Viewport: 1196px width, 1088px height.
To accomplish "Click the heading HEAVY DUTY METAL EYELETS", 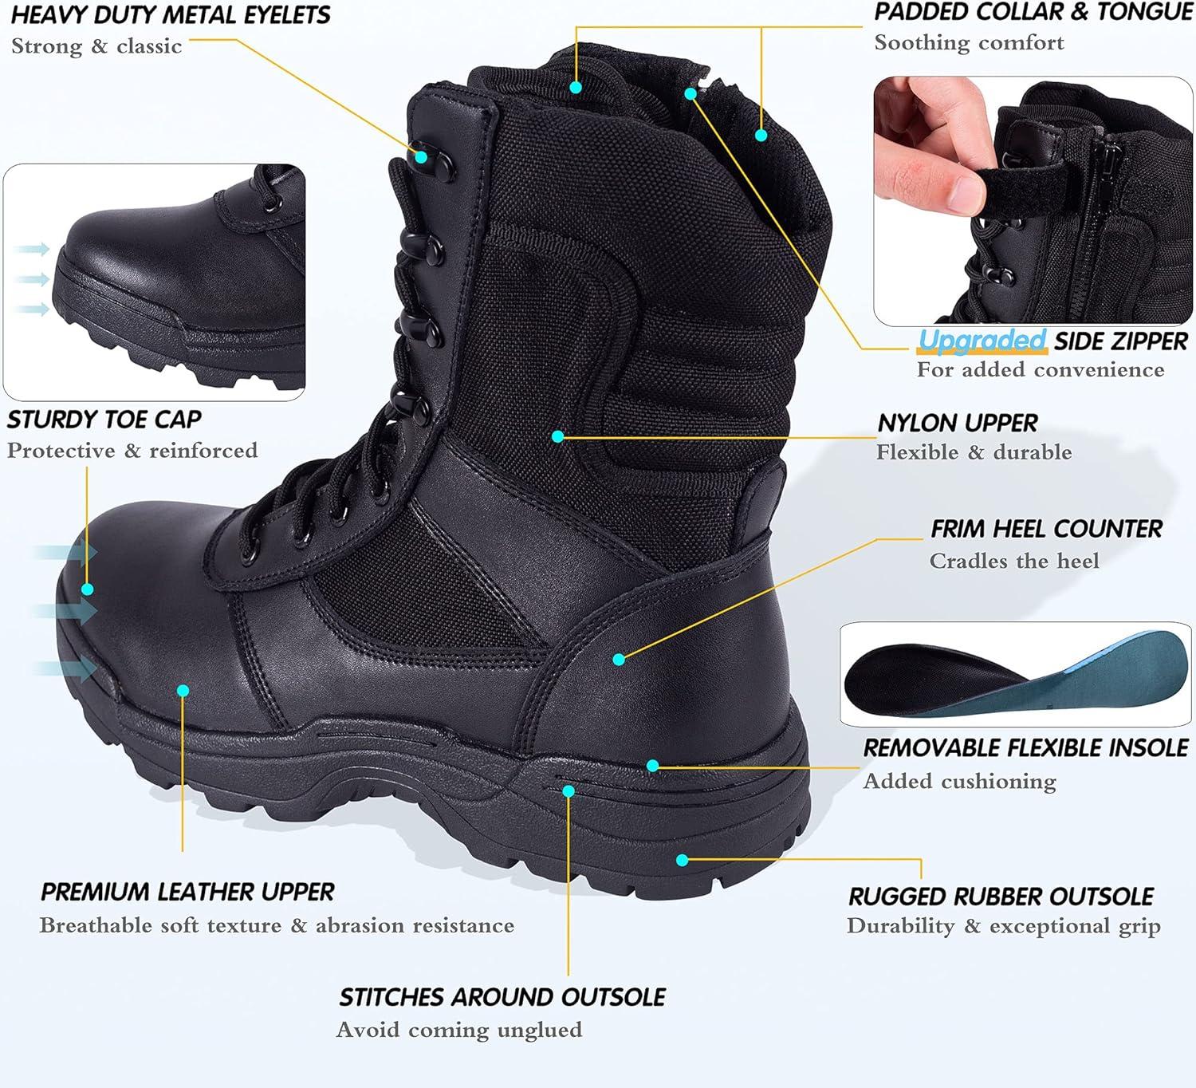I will (170, 15).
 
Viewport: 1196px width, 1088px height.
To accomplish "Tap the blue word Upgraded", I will (982, 341).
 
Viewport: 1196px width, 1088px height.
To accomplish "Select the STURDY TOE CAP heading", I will (104, 420).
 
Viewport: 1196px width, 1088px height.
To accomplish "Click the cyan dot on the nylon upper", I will (558, 436).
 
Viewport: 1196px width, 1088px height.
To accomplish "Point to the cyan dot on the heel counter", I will (620, 659).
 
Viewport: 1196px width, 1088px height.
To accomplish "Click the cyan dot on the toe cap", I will (88, 589).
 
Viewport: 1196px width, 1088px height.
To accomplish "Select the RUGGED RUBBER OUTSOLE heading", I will (1001, 896).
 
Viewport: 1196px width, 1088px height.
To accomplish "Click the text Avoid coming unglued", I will (459, 1030).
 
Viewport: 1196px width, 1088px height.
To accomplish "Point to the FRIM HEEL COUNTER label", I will (1046, 529).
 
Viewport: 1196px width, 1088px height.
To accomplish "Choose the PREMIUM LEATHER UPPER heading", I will (187, 892).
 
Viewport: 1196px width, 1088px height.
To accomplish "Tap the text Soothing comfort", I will (969, 43).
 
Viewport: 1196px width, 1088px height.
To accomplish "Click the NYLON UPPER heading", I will (958, 423).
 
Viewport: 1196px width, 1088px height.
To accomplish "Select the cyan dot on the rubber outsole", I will (682, 860).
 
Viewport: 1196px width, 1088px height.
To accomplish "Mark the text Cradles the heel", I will (1013, 562).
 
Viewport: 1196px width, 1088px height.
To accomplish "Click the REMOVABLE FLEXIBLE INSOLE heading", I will (1025, 748).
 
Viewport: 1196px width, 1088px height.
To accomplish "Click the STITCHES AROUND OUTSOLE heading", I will (502, 997).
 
